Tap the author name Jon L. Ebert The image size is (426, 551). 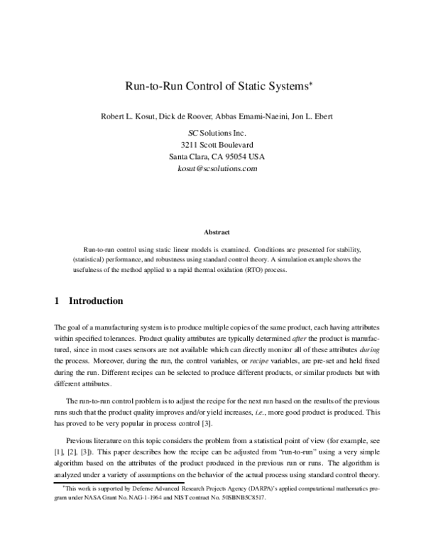pos(312,116)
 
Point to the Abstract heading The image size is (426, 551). pos(216,231)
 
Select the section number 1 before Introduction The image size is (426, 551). pos(57,301)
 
